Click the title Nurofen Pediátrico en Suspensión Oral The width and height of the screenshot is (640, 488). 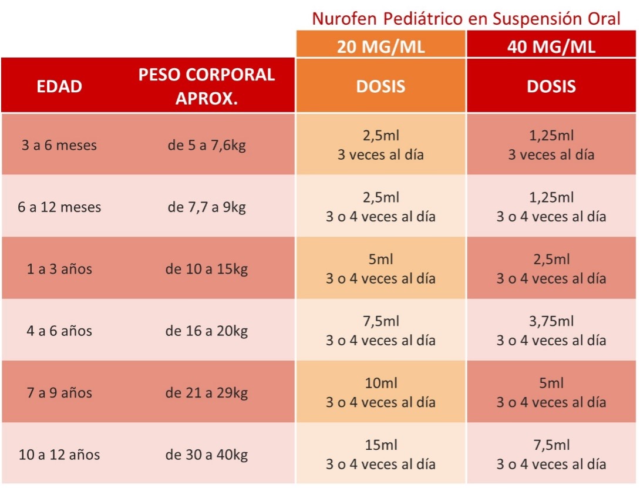pos(466,18)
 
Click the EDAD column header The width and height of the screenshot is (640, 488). pos(59,86)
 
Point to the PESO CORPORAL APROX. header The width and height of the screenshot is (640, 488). pos(207,86)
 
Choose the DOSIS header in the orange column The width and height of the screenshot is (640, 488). pos(380,86)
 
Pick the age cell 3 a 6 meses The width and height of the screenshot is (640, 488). pos(59,145)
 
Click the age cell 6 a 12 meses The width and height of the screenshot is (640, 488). pos(59,207)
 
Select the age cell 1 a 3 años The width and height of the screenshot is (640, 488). pos(59,270)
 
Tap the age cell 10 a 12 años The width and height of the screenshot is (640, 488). pos(59,455)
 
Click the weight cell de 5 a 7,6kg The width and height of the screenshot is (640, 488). pos(207,145)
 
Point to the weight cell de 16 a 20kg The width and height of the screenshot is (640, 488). pos(207,331)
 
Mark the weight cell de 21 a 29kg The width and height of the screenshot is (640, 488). pos(207,393)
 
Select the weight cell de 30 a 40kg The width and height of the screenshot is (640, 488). pos(207,455)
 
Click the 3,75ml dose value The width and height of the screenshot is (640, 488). pos(551,321)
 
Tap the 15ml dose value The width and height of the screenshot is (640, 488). pos(380,445)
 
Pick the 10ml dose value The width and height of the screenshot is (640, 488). pos(380,383)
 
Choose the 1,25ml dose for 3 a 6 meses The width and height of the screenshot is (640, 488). pos(551,136)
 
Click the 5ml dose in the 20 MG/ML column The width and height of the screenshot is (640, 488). pos(380,260)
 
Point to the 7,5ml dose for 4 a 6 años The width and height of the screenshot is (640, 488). pos(380,321)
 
